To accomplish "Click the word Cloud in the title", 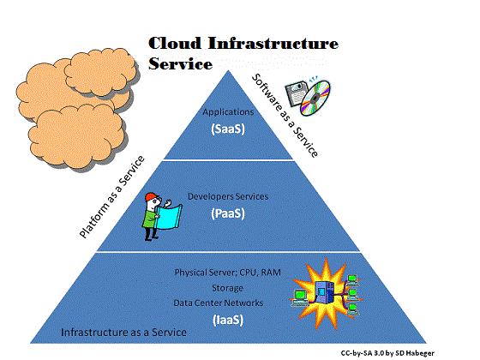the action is pos(175,43).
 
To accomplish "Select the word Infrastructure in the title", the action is pos(273,43).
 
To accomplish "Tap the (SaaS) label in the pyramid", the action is pos(228,129).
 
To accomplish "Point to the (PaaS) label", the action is pos(228,213).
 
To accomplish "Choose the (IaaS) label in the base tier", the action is pos(228,320).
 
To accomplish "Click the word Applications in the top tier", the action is pos(228,112).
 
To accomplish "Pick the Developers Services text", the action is pos(228,196).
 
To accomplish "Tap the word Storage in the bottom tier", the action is pos(228,288).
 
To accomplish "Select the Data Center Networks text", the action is pos(219,303).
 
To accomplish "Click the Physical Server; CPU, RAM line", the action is pos(227,273).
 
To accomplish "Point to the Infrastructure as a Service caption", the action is pos(123,333).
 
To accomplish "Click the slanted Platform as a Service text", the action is pos(111,197).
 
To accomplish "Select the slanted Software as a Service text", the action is pos(285,116).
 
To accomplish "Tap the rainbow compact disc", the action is pos(315,98).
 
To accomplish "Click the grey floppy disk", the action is pos(296,93).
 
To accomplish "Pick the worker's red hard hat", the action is pos(151,197).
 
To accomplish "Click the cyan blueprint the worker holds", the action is pos(168,217).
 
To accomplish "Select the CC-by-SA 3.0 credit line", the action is pos(387,353).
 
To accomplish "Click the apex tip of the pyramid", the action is pos(228,70).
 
